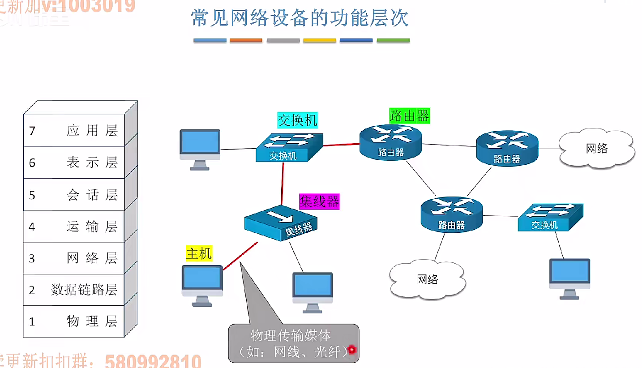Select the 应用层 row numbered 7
point(74,130)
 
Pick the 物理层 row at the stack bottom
point(74,321)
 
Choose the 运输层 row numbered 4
point(74,227)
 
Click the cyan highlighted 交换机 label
point(297,120)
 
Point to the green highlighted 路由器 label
point(409,116)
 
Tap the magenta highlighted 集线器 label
point(319,201)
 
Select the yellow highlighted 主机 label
point(199,254)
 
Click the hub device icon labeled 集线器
point(281,222)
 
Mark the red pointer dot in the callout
point(352,349)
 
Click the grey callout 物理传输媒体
point(294,343)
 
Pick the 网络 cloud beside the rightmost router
point(597,149)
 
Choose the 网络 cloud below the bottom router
point(428,280)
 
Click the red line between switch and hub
point(282,184)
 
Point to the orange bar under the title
point(246,41)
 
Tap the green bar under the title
point(393,41)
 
